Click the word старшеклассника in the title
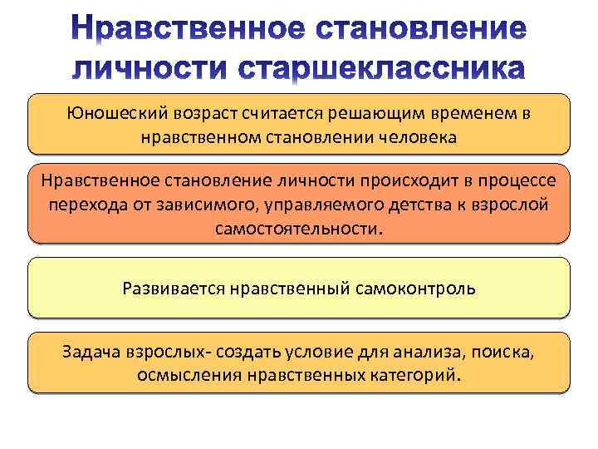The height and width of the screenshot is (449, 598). [382, 67]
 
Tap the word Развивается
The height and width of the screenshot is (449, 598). [172, 289]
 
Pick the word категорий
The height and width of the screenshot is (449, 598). [413, 374]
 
